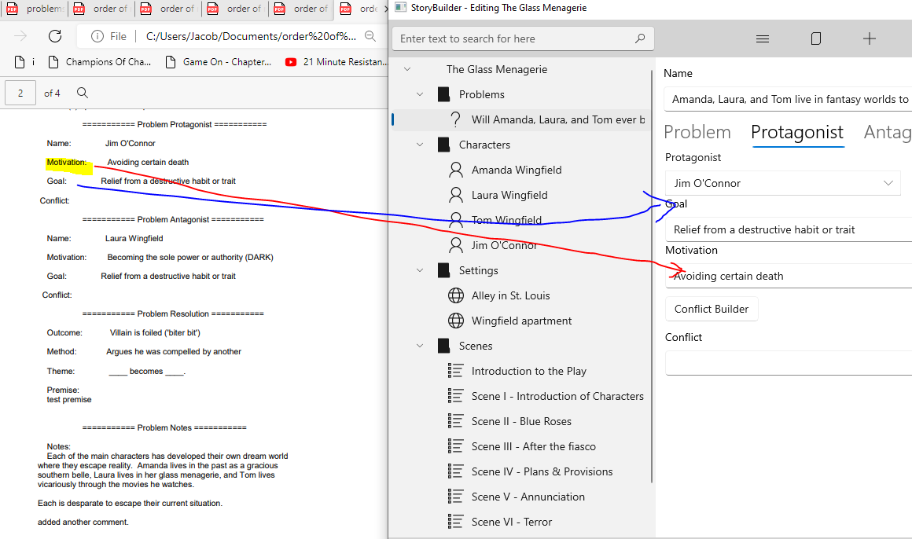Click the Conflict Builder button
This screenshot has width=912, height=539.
point(712,309)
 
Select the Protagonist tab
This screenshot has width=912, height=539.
point(796,132)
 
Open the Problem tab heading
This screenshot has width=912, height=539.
point(697,132)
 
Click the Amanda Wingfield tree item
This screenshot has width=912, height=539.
point(517,170)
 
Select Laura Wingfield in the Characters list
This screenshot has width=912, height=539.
point(509,195)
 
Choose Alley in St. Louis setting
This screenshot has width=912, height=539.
point(510,295)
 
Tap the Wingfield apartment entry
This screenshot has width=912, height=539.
point(521,321)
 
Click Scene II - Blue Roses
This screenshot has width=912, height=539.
point(521,421)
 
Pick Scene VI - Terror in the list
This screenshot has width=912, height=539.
point(511,522)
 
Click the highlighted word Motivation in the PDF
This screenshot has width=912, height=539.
point(67,163)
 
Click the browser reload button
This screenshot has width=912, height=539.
point(55,36)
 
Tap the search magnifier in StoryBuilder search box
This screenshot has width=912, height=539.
point(640,38)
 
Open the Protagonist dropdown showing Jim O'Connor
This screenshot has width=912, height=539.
point(782,183)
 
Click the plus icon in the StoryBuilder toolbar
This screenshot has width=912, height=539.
point(869,38)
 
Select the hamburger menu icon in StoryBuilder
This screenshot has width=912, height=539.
point(762,38)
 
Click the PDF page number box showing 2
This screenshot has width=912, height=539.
point(20,93)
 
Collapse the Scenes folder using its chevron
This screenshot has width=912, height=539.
point(420,346)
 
